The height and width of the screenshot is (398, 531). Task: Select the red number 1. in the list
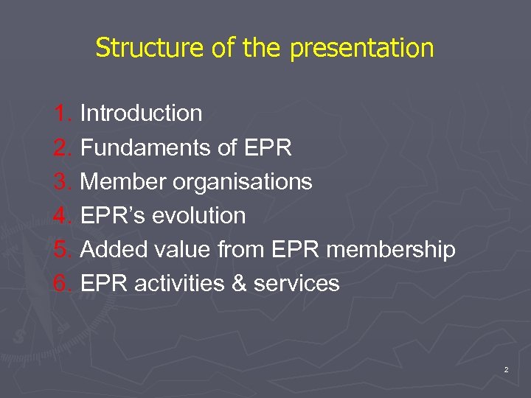[x=63, y=114]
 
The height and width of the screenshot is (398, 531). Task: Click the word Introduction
[x=141, y=114]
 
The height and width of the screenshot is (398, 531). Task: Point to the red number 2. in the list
[x=63, y=147]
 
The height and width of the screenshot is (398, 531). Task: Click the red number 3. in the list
[x=63, y=181]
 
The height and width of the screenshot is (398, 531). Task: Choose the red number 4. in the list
[x=63, y=215]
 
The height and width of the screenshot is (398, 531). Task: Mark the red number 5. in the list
[x=63, y=250]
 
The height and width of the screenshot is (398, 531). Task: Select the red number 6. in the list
[x=63, y=284]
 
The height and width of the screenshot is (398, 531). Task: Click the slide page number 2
[x=506, y=370]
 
